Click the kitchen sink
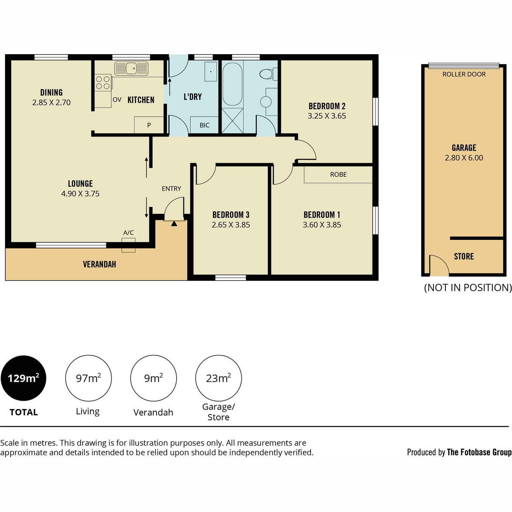click(131, 69)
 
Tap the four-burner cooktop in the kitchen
click(103, 82)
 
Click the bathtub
click(232, 84)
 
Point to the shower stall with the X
click(233, 120)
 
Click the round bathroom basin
click(266, 102)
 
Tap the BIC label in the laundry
click(205, 125)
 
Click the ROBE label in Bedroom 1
click(338, 175)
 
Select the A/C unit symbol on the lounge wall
click(128, 245)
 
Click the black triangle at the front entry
click(174, 224)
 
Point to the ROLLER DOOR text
click(464, 74)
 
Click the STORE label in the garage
click(464, 256)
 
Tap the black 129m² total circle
click(23, 378)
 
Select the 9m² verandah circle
click(153, 378)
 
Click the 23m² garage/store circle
click(218, 378)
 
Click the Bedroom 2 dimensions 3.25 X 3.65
click(327, 116)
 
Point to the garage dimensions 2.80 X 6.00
click(464, 158)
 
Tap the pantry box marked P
click(149, 125)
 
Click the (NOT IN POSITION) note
click(468, 288)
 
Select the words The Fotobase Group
click(479, 452)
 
